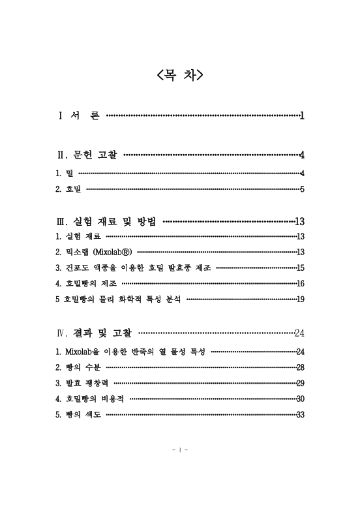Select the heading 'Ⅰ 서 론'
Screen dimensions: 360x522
[x=80, y=116]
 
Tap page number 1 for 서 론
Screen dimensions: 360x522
[x=302, y=116]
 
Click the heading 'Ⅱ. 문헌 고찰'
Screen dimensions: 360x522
[x=88, y=155]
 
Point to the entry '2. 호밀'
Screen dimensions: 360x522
[x=68, y=189]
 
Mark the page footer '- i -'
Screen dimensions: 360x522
[x=180, y=450]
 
